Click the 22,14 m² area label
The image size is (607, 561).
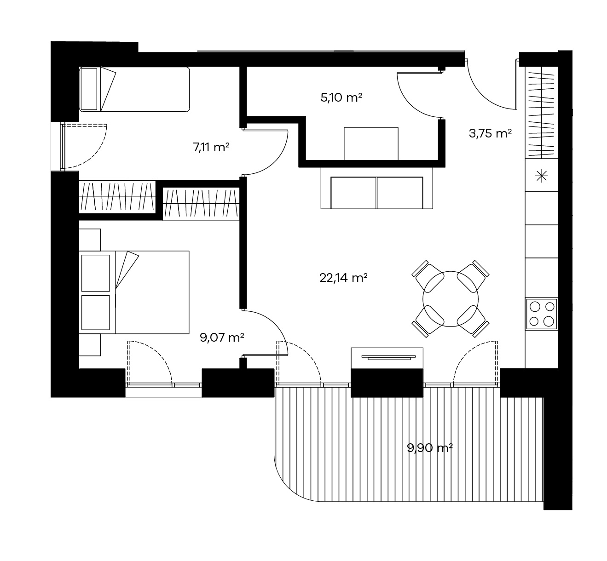(x=343, y=278)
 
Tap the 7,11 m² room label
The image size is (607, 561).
(x=211, y=147)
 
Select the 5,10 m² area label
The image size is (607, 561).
(x=341, y=97)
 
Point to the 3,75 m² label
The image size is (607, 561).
(x=490, y=133)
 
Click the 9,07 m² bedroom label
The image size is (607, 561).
(x=222, y=338)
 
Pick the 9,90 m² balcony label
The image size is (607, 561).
(x=430, y=448)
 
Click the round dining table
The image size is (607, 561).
(x=451, y=299)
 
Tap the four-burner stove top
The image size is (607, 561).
(x=542, y=314)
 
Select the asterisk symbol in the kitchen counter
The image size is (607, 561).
(x=541, y=176)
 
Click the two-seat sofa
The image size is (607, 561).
(x=377, y=188)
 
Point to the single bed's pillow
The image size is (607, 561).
(x=89, y=89)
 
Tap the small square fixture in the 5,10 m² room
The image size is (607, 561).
(x=371, y=143)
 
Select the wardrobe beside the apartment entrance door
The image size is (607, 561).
(x=541, y=113)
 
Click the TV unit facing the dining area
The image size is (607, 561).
(x=387, y=358)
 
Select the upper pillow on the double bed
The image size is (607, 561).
(x=95, y=273)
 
